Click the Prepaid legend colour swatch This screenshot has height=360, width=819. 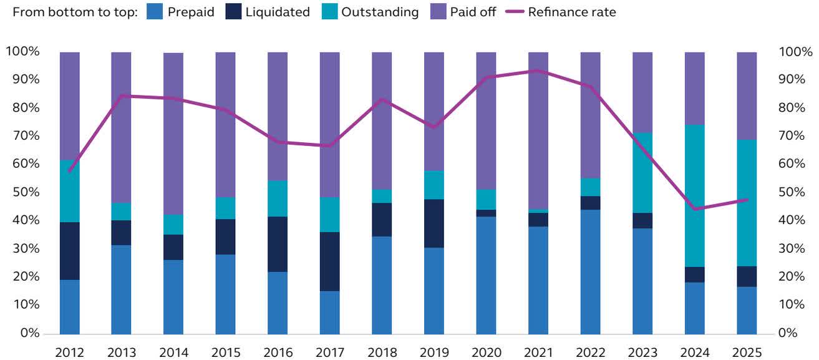[153, 12]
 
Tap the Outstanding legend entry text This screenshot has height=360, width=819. [379, 12]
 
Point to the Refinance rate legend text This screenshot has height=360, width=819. [571, 12]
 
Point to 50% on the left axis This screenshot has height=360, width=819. [23, 192]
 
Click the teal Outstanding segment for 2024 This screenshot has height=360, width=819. [695, 195]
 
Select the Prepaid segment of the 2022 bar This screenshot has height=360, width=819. [591, 271]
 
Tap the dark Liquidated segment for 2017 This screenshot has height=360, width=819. [330, 261]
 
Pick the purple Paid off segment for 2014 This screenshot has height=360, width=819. [173, 134]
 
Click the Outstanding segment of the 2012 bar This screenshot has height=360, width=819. [70, 191]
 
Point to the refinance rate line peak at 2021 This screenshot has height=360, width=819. [538, 71]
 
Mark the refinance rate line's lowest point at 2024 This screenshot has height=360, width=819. [695, 208]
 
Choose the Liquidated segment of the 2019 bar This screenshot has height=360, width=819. [434, 223]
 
